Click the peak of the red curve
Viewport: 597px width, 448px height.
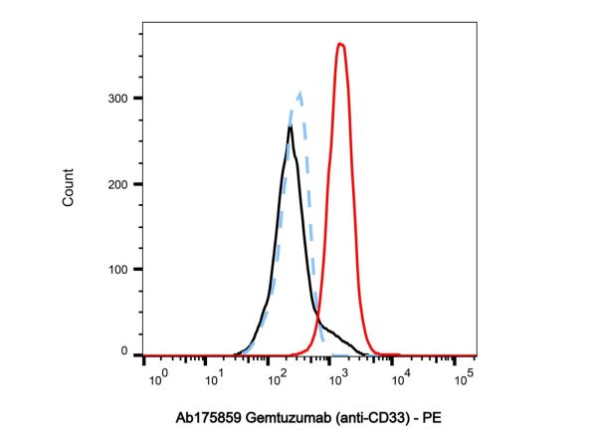pyautogui.click(x=340, y=44)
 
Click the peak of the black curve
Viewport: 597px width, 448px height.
pyautogui.click(x=290, y=127)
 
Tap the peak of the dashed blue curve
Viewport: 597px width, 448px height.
pyautogui.click(x=299, y=93)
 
